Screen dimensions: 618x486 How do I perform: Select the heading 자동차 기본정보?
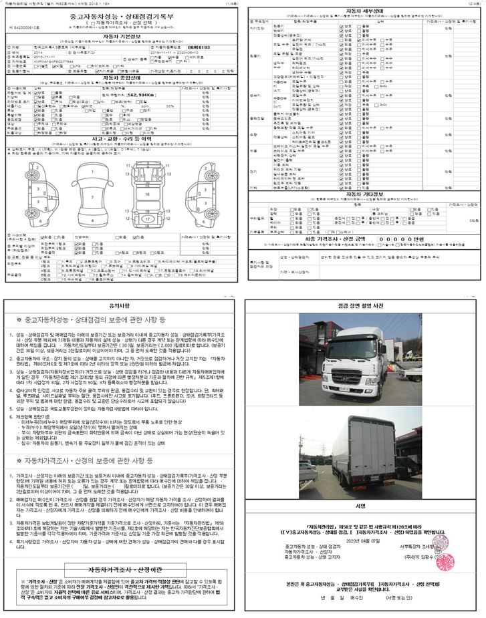(x=122, y=41)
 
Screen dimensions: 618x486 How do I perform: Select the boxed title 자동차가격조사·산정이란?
(x=121, y=570)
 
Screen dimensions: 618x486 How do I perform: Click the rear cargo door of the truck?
(x=375, y=438)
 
